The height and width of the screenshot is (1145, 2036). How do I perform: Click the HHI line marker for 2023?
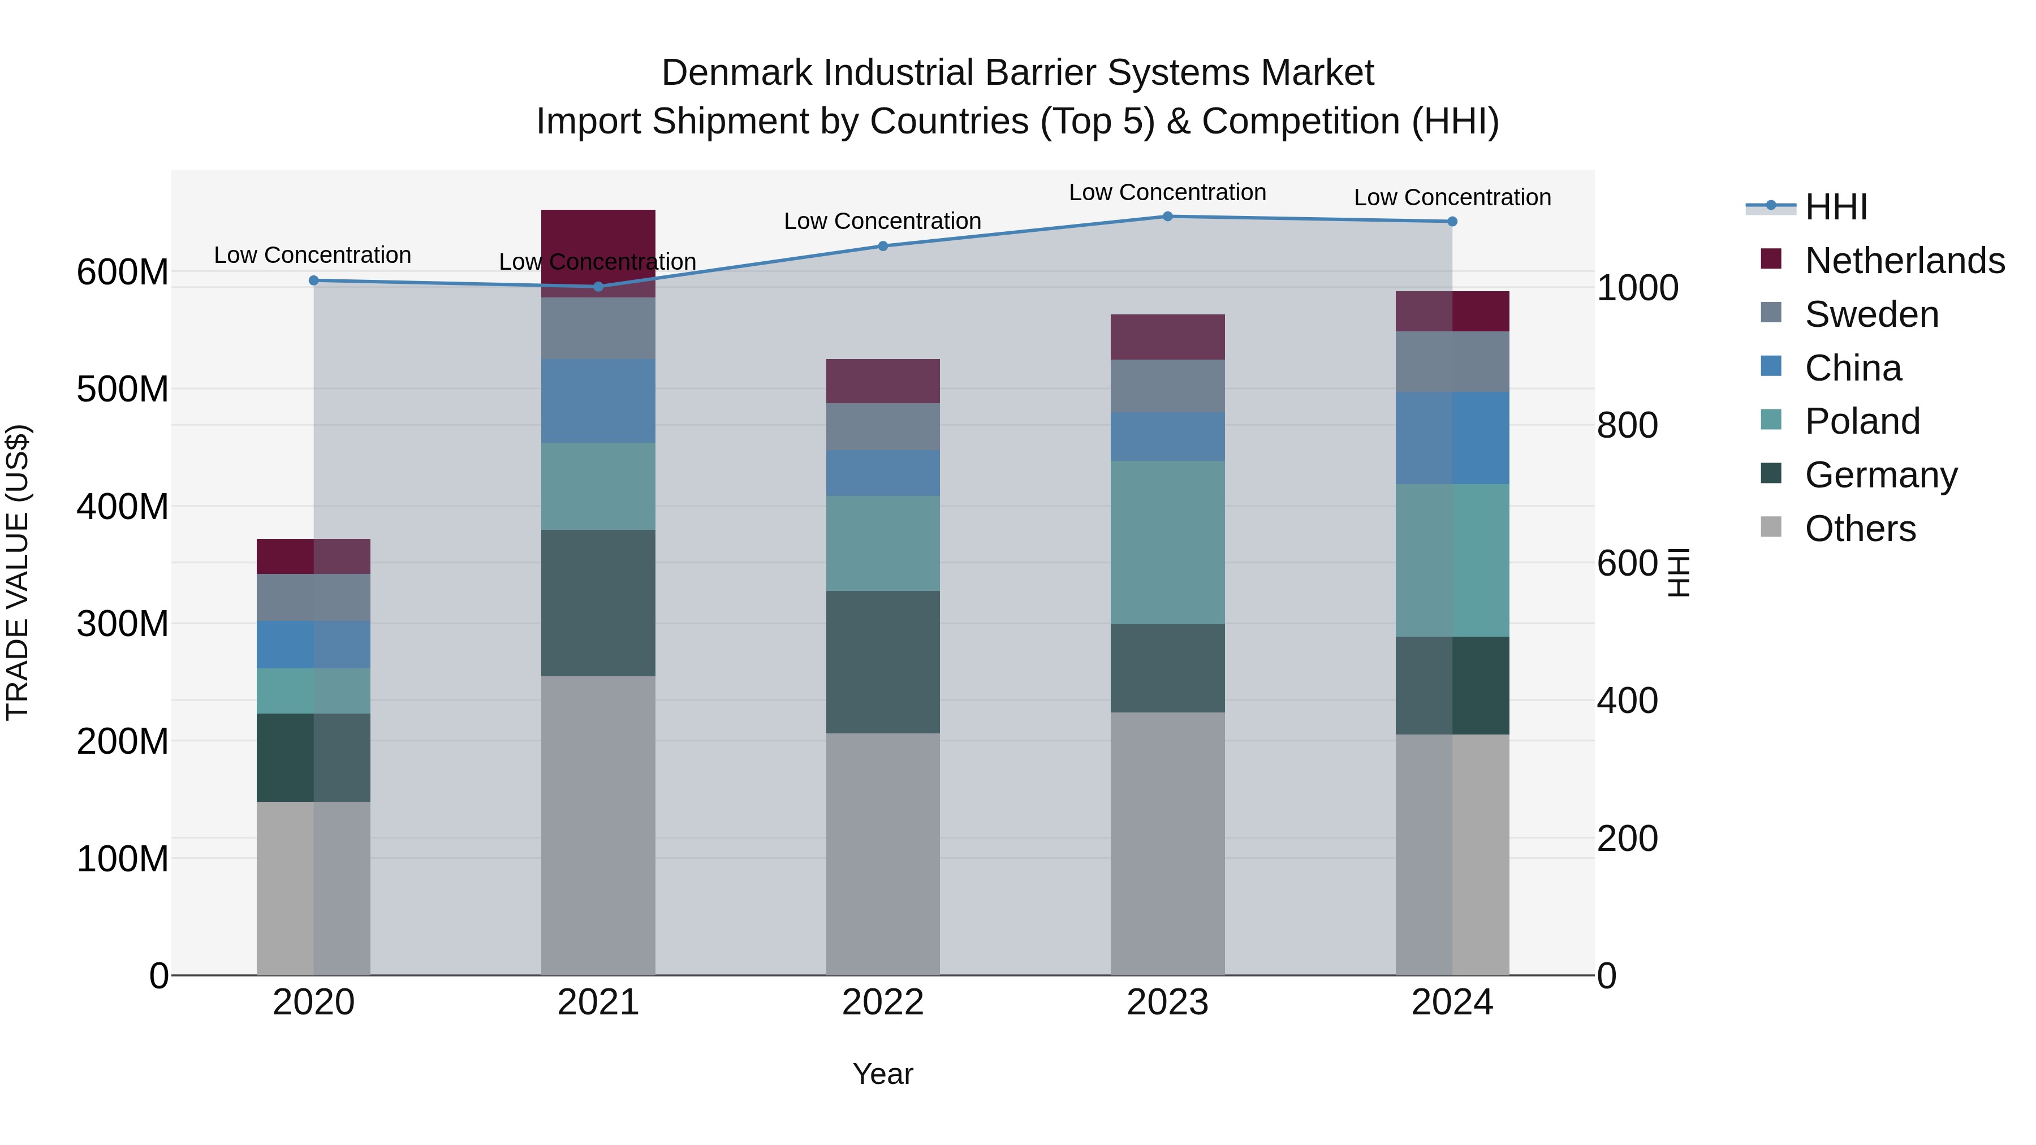(x=1167, y=217)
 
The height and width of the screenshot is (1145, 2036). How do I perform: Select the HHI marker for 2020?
(x=314, y=280)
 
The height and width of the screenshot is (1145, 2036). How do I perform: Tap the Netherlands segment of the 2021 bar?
(x=598, y=237)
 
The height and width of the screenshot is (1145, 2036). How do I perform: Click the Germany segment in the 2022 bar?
(x=883, y=662)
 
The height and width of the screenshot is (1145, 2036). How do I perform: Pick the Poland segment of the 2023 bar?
(x=1167, y=543)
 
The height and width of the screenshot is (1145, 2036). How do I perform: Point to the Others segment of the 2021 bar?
(x=598, y=826)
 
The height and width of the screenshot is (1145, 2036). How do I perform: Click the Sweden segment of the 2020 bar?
(x=314, y=598)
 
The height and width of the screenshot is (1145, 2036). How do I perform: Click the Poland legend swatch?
(x=1771, y=420)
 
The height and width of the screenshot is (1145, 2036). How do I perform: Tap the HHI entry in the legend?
(x=1836, y=207)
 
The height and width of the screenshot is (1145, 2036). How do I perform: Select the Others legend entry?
(x=1860, y=529)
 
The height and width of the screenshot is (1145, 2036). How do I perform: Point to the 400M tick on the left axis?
(x=123, y=507)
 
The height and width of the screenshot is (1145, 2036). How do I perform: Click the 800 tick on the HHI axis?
(x=1627, y=425)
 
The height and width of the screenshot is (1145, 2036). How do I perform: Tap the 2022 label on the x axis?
(x=883, y=1003)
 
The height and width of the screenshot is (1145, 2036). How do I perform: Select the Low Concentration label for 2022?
(x=882, y=221)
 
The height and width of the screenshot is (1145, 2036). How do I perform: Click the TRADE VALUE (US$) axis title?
(x=18, y=572)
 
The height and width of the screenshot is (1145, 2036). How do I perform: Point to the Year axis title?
(x=883, y=1074)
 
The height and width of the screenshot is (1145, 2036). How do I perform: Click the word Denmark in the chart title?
(x=736, y=73)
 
